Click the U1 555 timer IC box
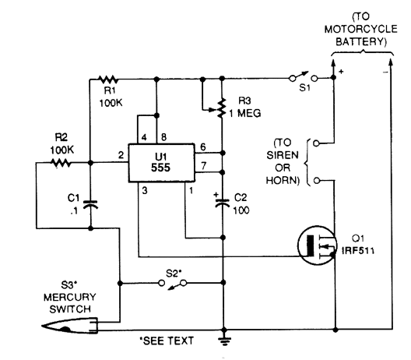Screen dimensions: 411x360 tap(161, 163)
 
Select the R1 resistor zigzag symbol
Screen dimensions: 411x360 tap(107, 79)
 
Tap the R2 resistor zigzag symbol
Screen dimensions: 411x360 tap(61, 163)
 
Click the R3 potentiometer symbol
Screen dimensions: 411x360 tap(218, 108)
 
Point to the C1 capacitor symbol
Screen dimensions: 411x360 tap(90, 204)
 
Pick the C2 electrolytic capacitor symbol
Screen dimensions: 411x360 tap(222, 202)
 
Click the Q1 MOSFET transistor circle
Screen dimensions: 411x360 tap(317, 245)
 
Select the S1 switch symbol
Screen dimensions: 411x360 tap(304, 76)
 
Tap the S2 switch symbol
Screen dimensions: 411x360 tap(173, 284)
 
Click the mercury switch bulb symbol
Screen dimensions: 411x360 tap(70, 326)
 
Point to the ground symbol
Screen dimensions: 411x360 tap(224, 340)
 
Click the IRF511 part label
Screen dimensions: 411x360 tap(358, 251)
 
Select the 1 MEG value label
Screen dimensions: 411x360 tap(245, 113)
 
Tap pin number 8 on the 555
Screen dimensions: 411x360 tap(163, 137)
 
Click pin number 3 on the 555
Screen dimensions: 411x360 tap(145, 190)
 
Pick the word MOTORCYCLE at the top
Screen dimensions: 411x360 tap(360, 29)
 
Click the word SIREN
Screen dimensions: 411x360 tap(283, 155)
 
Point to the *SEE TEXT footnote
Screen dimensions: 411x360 tap(167, 341)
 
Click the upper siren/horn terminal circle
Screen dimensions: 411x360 tap(316, 143)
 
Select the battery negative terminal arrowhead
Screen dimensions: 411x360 tap(390, 63)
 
